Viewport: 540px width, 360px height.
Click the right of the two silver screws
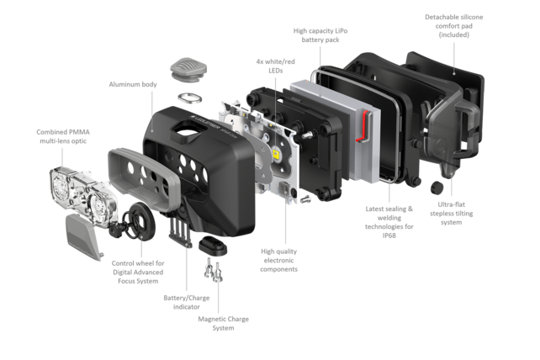pyautogui.click(x=218, y=273)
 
